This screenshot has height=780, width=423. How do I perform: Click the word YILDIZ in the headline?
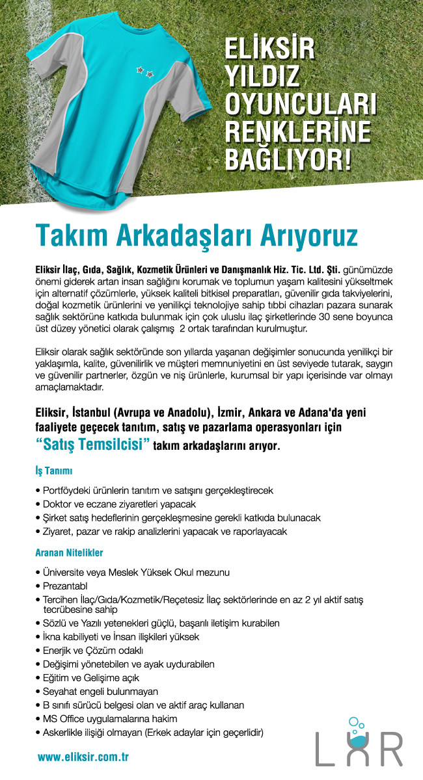click(x=262, y=77)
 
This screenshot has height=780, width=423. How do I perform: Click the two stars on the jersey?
click(x=144, y=70)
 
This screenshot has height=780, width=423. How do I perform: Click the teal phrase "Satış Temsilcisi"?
click(x=92, y=445)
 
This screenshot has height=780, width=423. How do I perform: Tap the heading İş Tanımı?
click(x=53, y=470)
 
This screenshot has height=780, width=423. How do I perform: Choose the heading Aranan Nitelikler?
click(x=69, y=552)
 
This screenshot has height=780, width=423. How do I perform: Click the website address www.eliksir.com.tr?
click(x=83, y=757)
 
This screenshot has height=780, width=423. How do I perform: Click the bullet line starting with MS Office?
click(x=110, y=718)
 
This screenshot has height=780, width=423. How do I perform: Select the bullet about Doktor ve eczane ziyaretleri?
click(x=119, y=504)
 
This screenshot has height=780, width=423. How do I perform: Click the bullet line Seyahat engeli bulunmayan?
click(x=100, y=691)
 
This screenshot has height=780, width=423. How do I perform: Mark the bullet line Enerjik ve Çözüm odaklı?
click(x=92, y=650)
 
